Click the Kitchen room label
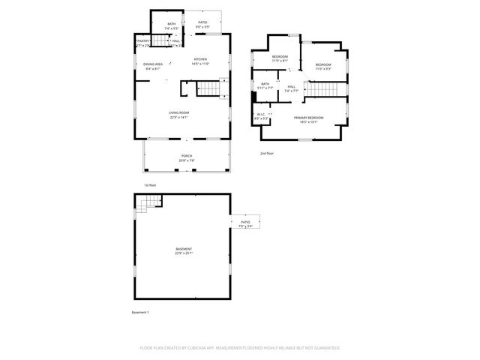coord(199,59)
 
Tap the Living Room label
coord(178,113)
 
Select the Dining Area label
coord(153,64)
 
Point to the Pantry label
coord(142,41)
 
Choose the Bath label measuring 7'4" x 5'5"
coord(172,24)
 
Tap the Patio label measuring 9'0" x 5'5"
coord(202,23)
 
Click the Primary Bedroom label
coord(308,118)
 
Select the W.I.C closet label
coord(260,115)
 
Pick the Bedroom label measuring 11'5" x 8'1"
coord(280,57)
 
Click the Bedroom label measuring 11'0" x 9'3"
coord(323,64)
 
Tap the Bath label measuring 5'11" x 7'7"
coord(265,84)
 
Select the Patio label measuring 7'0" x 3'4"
coord(245,223)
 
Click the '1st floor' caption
coord(150,184)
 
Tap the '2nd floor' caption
coord(267,153)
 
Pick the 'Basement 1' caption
coord(141,311)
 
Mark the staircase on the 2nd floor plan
coord(325,90)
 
